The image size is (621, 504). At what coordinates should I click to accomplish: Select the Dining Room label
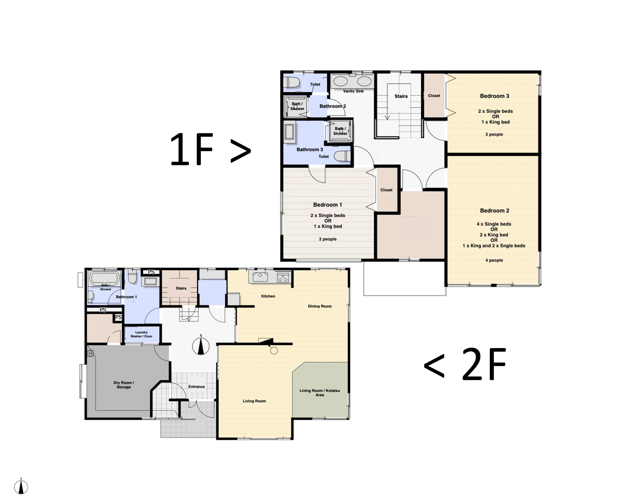click(320, 306)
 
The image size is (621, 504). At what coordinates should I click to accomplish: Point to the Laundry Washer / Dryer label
click(141, 334)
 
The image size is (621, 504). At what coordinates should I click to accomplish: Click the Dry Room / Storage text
click(124, 385)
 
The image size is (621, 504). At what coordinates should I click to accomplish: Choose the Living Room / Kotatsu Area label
click(320, 393)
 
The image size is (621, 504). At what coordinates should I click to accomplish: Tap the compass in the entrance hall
click(201, 346)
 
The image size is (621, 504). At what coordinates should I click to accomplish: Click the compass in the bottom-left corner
click(21, 487)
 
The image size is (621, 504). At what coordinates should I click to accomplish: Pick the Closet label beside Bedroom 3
click(434, 95)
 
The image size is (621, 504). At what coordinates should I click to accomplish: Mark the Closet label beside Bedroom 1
click(386, 190)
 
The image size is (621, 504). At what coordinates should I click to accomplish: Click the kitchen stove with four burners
click(283, 277)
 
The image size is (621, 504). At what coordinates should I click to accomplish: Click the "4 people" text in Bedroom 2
click(494, 260)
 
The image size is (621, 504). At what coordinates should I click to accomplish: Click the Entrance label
click(196, 387)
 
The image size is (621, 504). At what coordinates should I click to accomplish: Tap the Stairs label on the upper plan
click(401, 96)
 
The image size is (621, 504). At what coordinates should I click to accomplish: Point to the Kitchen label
click(268, 296)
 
